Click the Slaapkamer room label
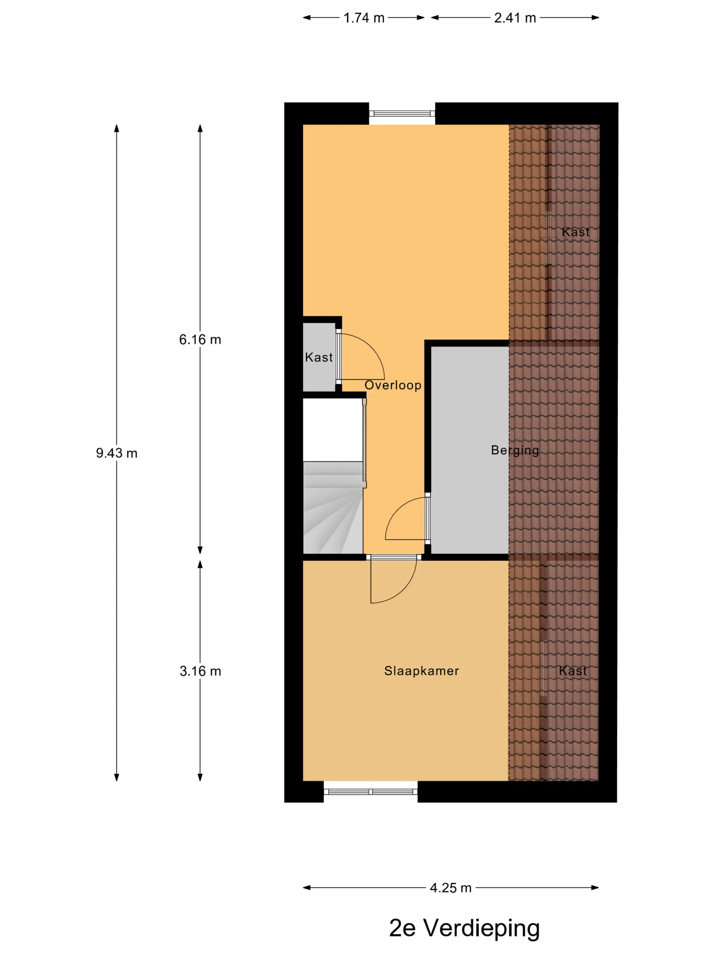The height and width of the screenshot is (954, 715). (422, 671)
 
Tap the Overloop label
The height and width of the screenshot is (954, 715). (393, 385)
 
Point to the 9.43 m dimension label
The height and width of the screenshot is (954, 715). (116, 453)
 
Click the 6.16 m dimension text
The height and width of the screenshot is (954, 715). (200, 339)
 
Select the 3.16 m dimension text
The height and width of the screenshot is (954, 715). (200, 671)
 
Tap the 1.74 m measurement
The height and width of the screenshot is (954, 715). (364, 18)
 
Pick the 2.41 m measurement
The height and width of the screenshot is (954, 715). (515, 18)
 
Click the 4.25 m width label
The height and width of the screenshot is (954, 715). (450, 888)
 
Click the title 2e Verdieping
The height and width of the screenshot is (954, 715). (464, 928)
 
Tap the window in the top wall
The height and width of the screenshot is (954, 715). (402, 114)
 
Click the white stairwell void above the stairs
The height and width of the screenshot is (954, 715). (333, 430)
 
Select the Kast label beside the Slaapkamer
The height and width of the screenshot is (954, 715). (573, 671)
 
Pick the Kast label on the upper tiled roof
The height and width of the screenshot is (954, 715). (575, 232)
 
